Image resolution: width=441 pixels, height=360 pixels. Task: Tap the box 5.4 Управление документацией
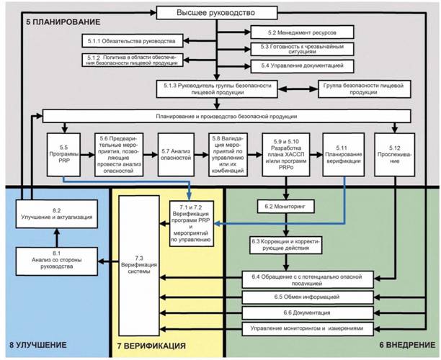point(303,66)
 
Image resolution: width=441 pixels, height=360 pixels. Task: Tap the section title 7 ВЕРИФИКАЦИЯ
point(151,346)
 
